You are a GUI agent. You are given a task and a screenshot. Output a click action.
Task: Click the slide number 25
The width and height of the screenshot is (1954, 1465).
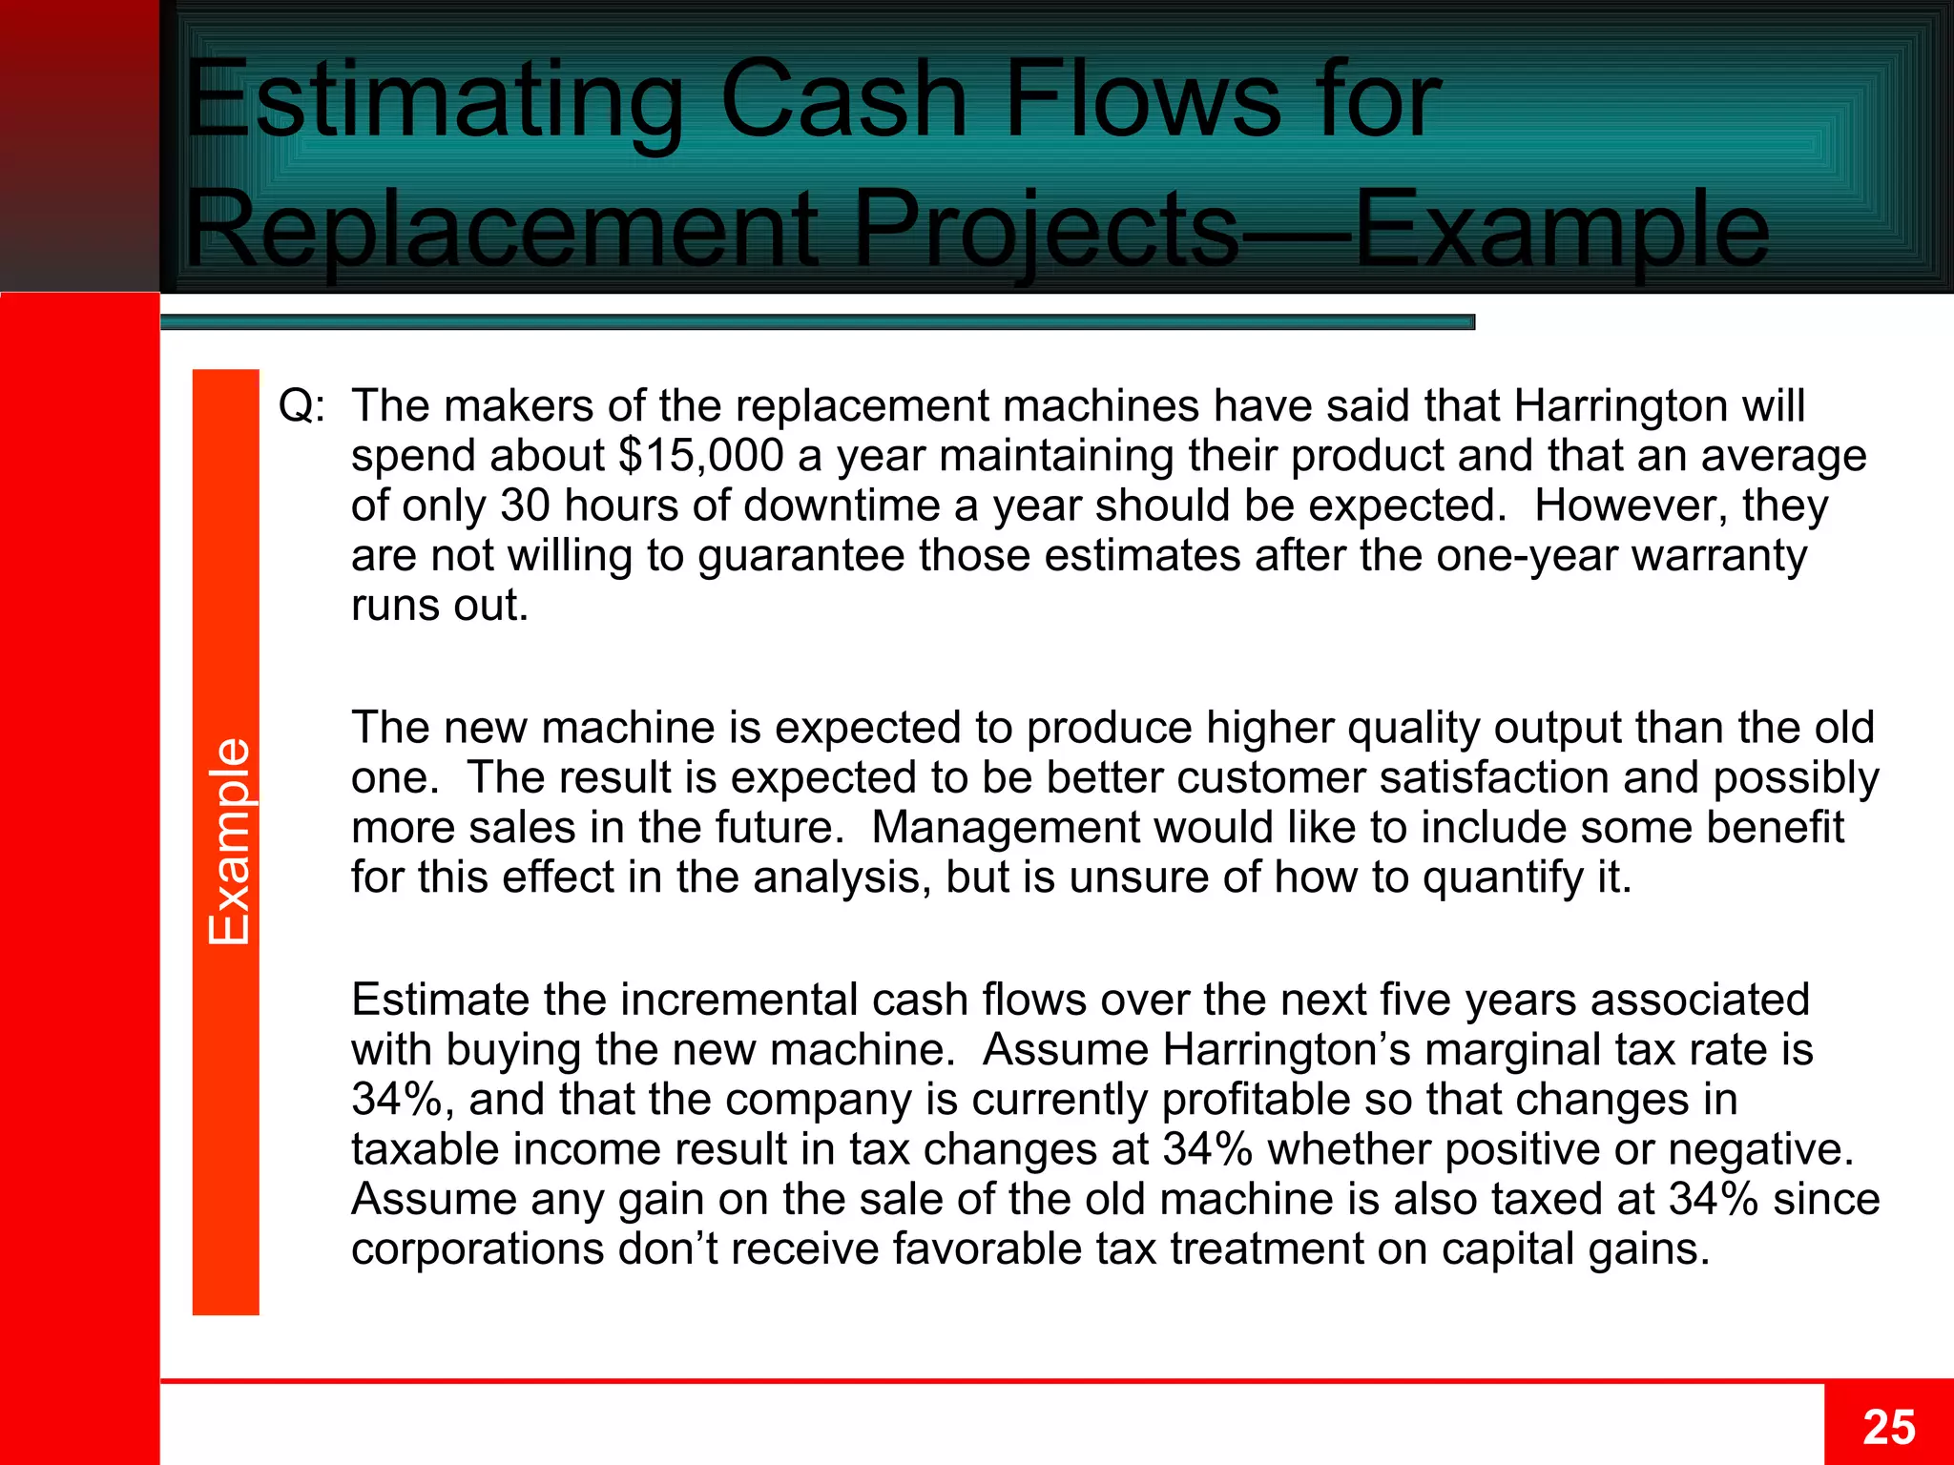tap(1888, 1428)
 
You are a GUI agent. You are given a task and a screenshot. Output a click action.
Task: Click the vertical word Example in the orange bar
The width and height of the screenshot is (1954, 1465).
tap(229, 841)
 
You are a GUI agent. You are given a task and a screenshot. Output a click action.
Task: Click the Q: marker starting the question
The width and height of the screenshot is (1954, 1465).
tap(301, 406)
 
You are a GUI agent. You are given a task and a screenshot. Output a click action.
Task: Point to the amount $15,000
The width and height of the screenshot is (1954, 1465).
tap(700, 456)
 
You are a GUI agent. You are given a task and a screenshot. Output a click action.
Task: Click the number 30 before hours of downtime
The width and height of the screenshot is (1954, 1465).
tap(525, 506)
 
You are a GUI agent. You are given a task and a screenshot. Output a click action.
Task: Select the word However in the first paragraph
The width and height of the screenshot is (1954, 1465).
tap(1631, 506)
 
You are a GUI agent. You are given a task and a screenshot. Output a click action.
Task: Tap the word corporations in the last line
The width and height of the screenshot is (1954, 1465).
tap(478, 1248)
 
